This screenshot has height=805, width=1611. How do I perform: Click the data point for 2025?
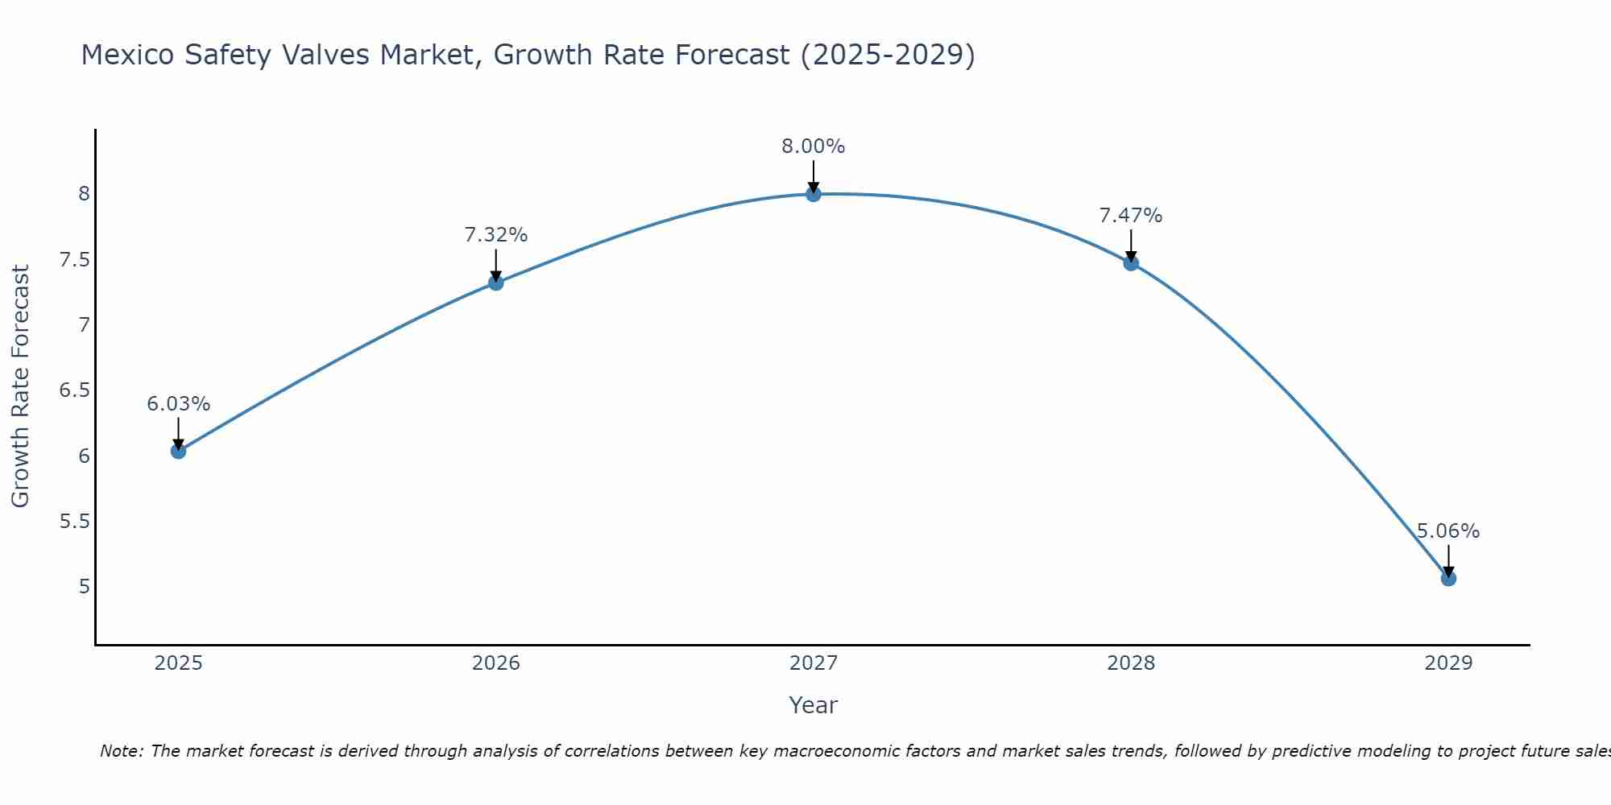179,451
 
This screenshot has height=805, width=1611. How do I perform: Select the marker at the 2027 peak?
814,194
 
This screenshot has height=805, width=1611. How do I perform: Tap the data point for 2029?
1448,578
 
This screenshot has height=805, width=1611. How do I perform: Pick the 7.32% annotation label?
496,235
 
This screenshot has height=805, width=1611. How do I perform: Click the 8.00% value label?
814,147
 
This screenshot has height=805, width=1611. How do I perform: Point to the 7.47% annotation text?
1131,216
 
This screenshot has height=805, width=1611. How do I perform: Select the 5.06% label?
1448,531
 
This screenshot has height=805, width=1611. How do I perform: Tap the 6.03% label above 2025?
179,404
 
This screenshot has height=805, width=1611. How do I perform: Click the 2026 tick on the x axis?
496,663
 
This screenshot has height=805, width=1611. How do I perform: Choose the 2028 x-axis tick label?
1131,663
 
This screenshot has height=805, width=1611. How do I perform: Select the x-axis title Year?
814,705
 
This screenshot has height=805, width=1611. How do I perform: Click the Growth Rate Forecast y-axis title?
21,386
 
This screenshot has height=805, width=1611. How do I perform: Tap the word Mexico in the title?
128,55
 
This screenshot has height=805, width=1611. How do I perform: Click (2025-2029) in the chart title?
888,55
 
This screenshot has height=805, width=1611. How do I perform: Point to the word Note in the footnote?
121,751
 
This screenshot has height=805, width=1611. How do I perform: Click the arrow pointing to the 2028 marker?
1131,246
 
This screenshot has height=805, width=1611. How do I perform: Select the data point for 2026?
496,283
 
